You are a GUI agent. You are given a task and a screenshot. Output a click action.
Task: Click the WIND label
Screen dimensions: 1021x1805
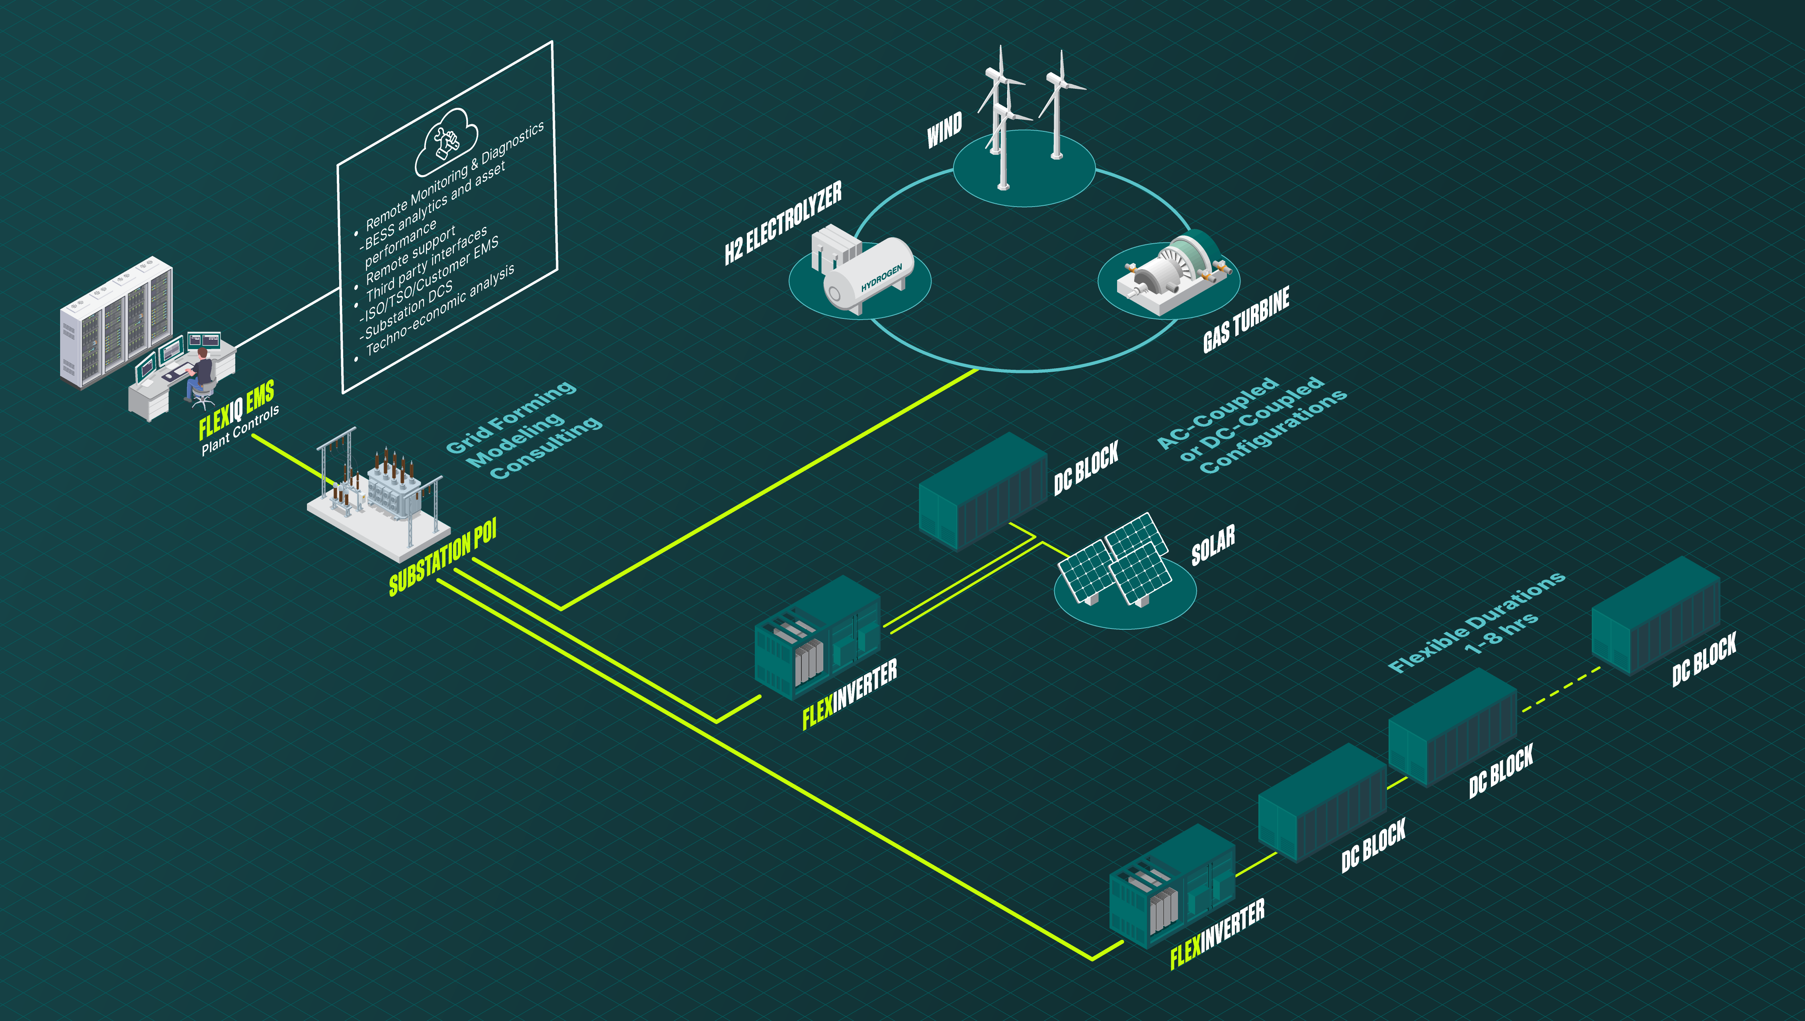945,131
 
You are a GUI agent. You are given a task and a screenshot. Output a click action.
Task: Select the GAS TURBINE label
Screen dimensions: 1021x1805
1246,320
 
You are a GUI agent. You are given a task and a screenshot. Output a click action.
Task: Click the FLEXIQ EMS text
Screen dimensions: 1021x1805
236,410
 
